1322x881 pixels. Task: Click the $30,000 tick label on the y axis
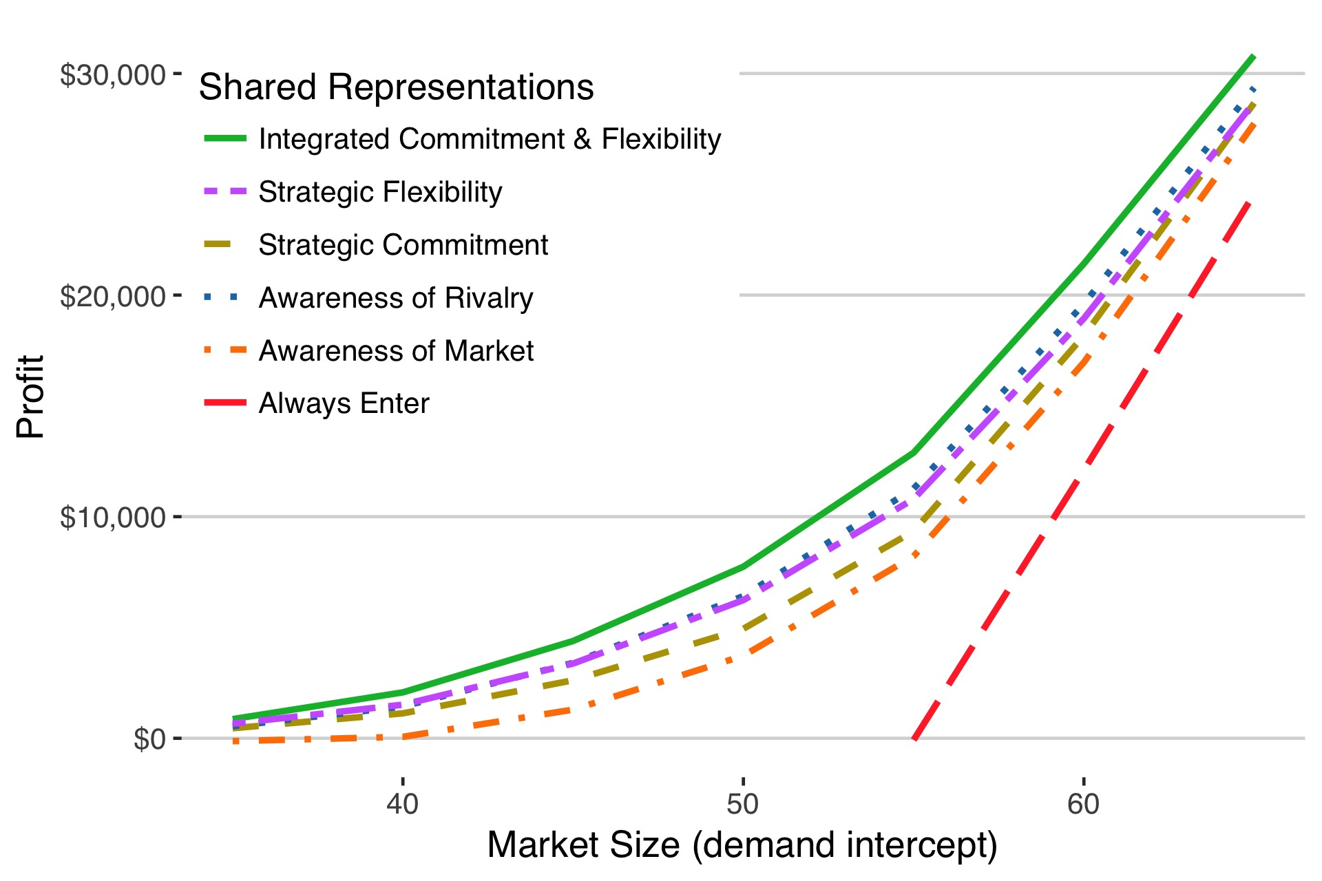point(113,74)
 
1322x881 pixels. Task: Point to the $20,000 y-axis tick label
point(113,297)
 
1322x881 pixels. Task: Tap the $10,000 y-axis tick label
point(113,518)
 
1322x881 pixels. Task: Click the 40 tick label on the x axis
point(402,803)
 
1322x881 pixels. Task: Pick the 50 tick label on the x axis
point(742,803)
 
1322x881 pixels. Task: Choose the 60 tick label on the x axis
point(1083,803)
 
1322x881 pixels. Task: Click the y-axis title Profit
point(30,397)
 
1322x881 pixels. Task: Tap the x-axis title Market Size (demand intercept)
point(742,845)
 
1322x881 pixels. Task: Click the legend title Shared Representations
point(396,87)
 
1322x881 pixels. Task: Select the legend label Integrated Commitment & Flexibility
point(490,139)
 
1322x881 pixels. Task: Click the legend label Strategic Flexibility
point(380,192)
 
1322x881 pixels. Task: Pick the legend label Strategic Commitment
point(403,245)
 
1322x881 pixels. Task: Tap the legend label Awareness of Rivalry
point(396,298)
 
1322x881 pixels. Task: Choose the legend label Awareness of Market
point(396,351)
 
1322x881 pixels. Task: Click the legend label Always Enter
point(344,403)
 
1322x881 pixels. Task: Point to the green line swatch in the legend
point(225,138)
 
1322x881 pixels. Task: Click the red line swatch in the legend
point(225,403)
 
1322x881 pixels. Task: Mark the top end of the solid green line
point(1254,56)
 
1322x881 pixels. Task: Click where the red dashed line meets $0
point(914,739)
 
